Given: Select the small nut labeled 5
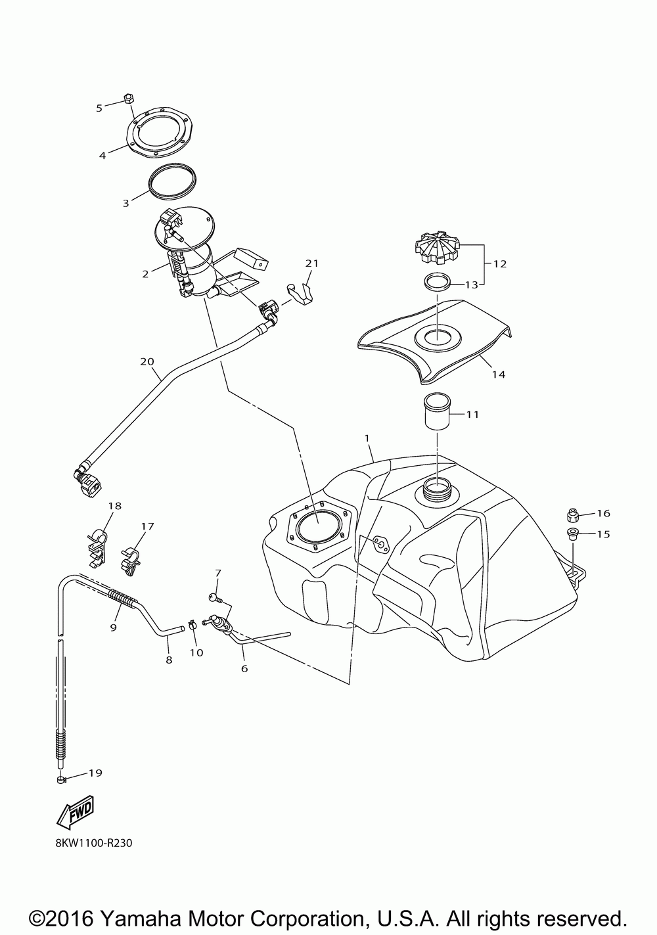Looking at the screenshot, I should tap(129, 99).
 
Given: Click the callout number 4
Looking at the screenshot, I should tap(102, 156).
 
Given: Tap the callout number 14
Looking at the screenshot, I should tap(499, 374).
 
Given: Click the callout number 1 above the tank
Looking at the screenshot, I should tap(367, 437).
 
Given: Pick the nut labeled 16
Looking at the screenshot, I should tap(572, 513).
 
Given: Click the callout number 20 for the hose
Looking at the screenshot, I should tap(147, 361).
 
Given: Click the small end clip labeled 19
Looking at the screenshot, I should tap(60, 780).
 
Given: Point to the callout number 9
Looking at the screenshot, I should tap(113, 627).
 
